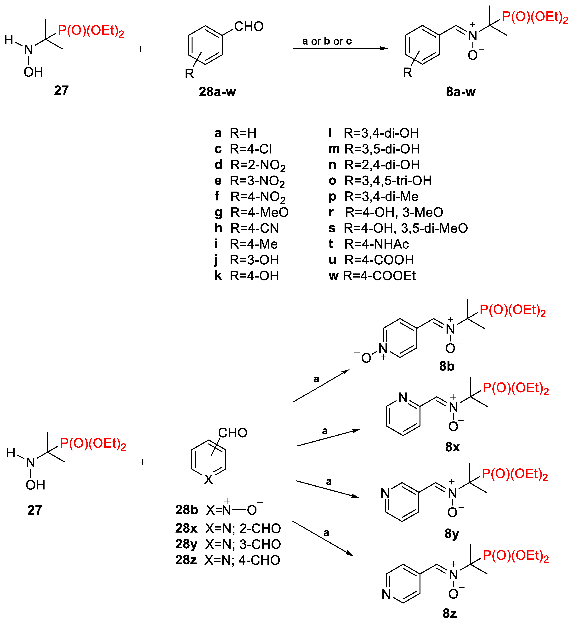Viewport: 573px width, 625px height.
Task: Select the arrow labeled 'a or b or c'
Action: [340, 48]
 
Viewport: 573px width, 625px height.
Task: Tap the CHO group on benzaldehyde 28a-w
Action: [249, 27]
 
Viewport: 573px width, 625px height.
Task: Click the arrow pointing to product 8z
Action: [323, 539]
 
